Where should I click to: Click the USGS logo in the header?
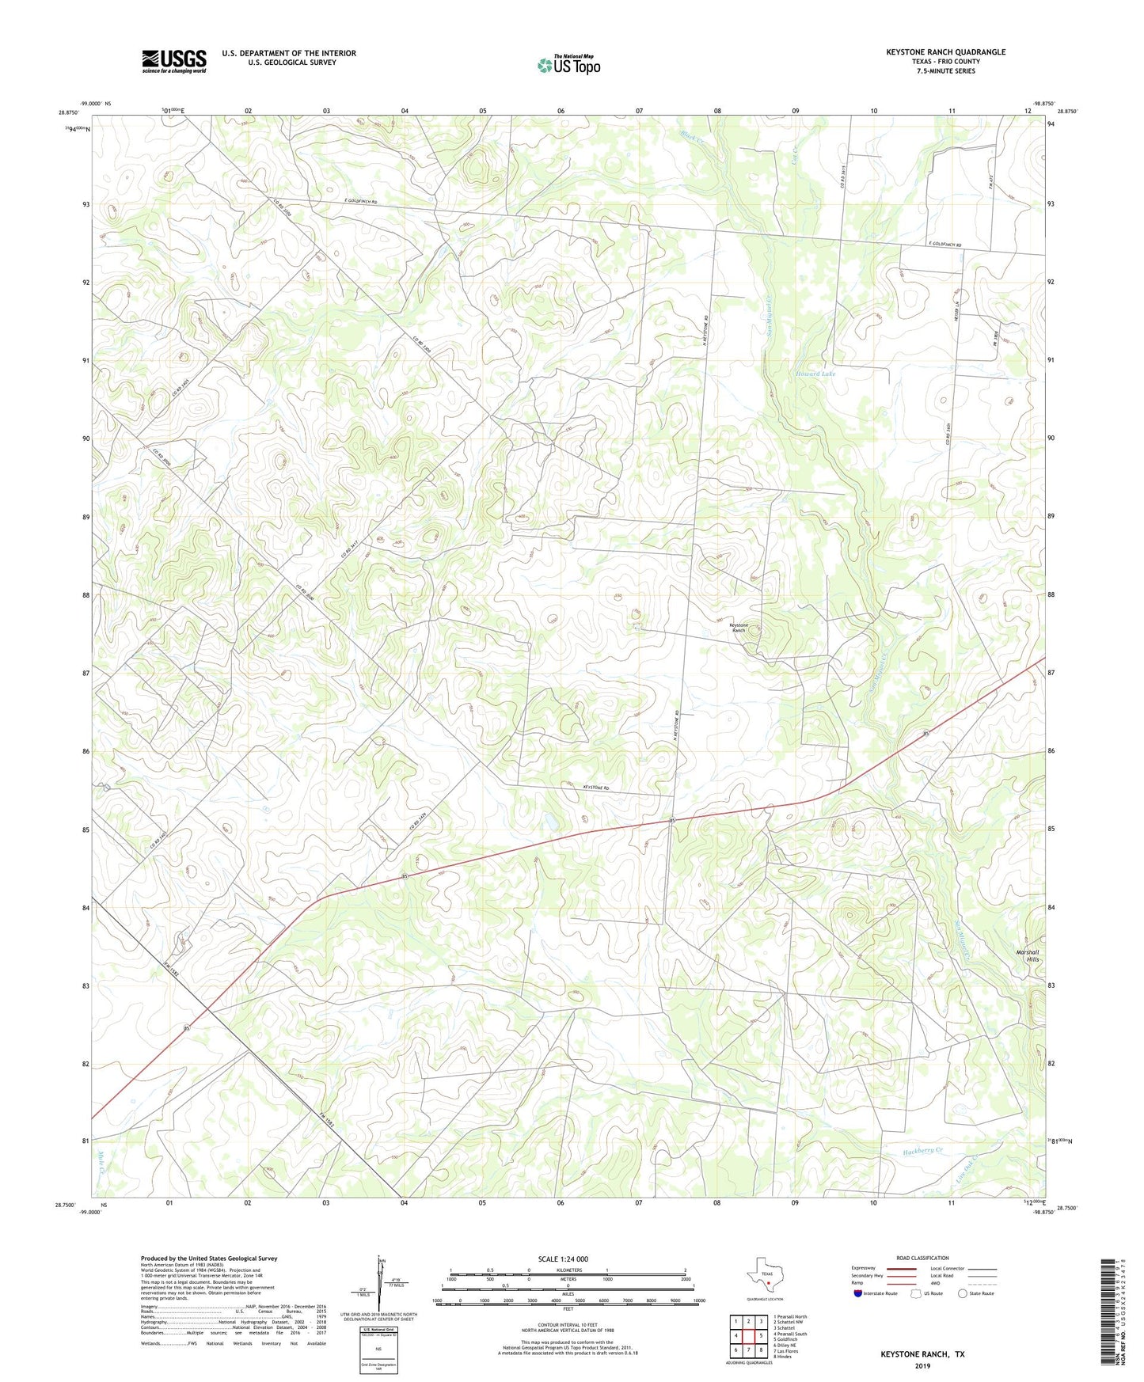174,61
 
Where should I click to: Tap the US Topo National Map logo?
568,65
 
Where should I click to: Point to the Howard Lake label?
815,374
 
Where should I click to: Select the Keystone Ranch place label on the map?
738,628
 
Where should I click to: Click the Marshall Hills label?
1027,955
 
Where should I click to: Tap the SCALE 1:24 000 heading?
563,1259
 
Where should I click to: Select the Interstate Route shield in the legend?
858,1293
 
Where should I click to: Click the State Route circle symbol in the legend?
963,1293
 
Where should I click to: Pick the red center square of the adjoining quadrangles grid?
747,1335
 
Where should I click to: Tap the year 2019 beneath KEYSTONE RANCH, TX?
922,1366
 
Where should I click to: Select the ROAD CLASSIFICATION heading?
922,1258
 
